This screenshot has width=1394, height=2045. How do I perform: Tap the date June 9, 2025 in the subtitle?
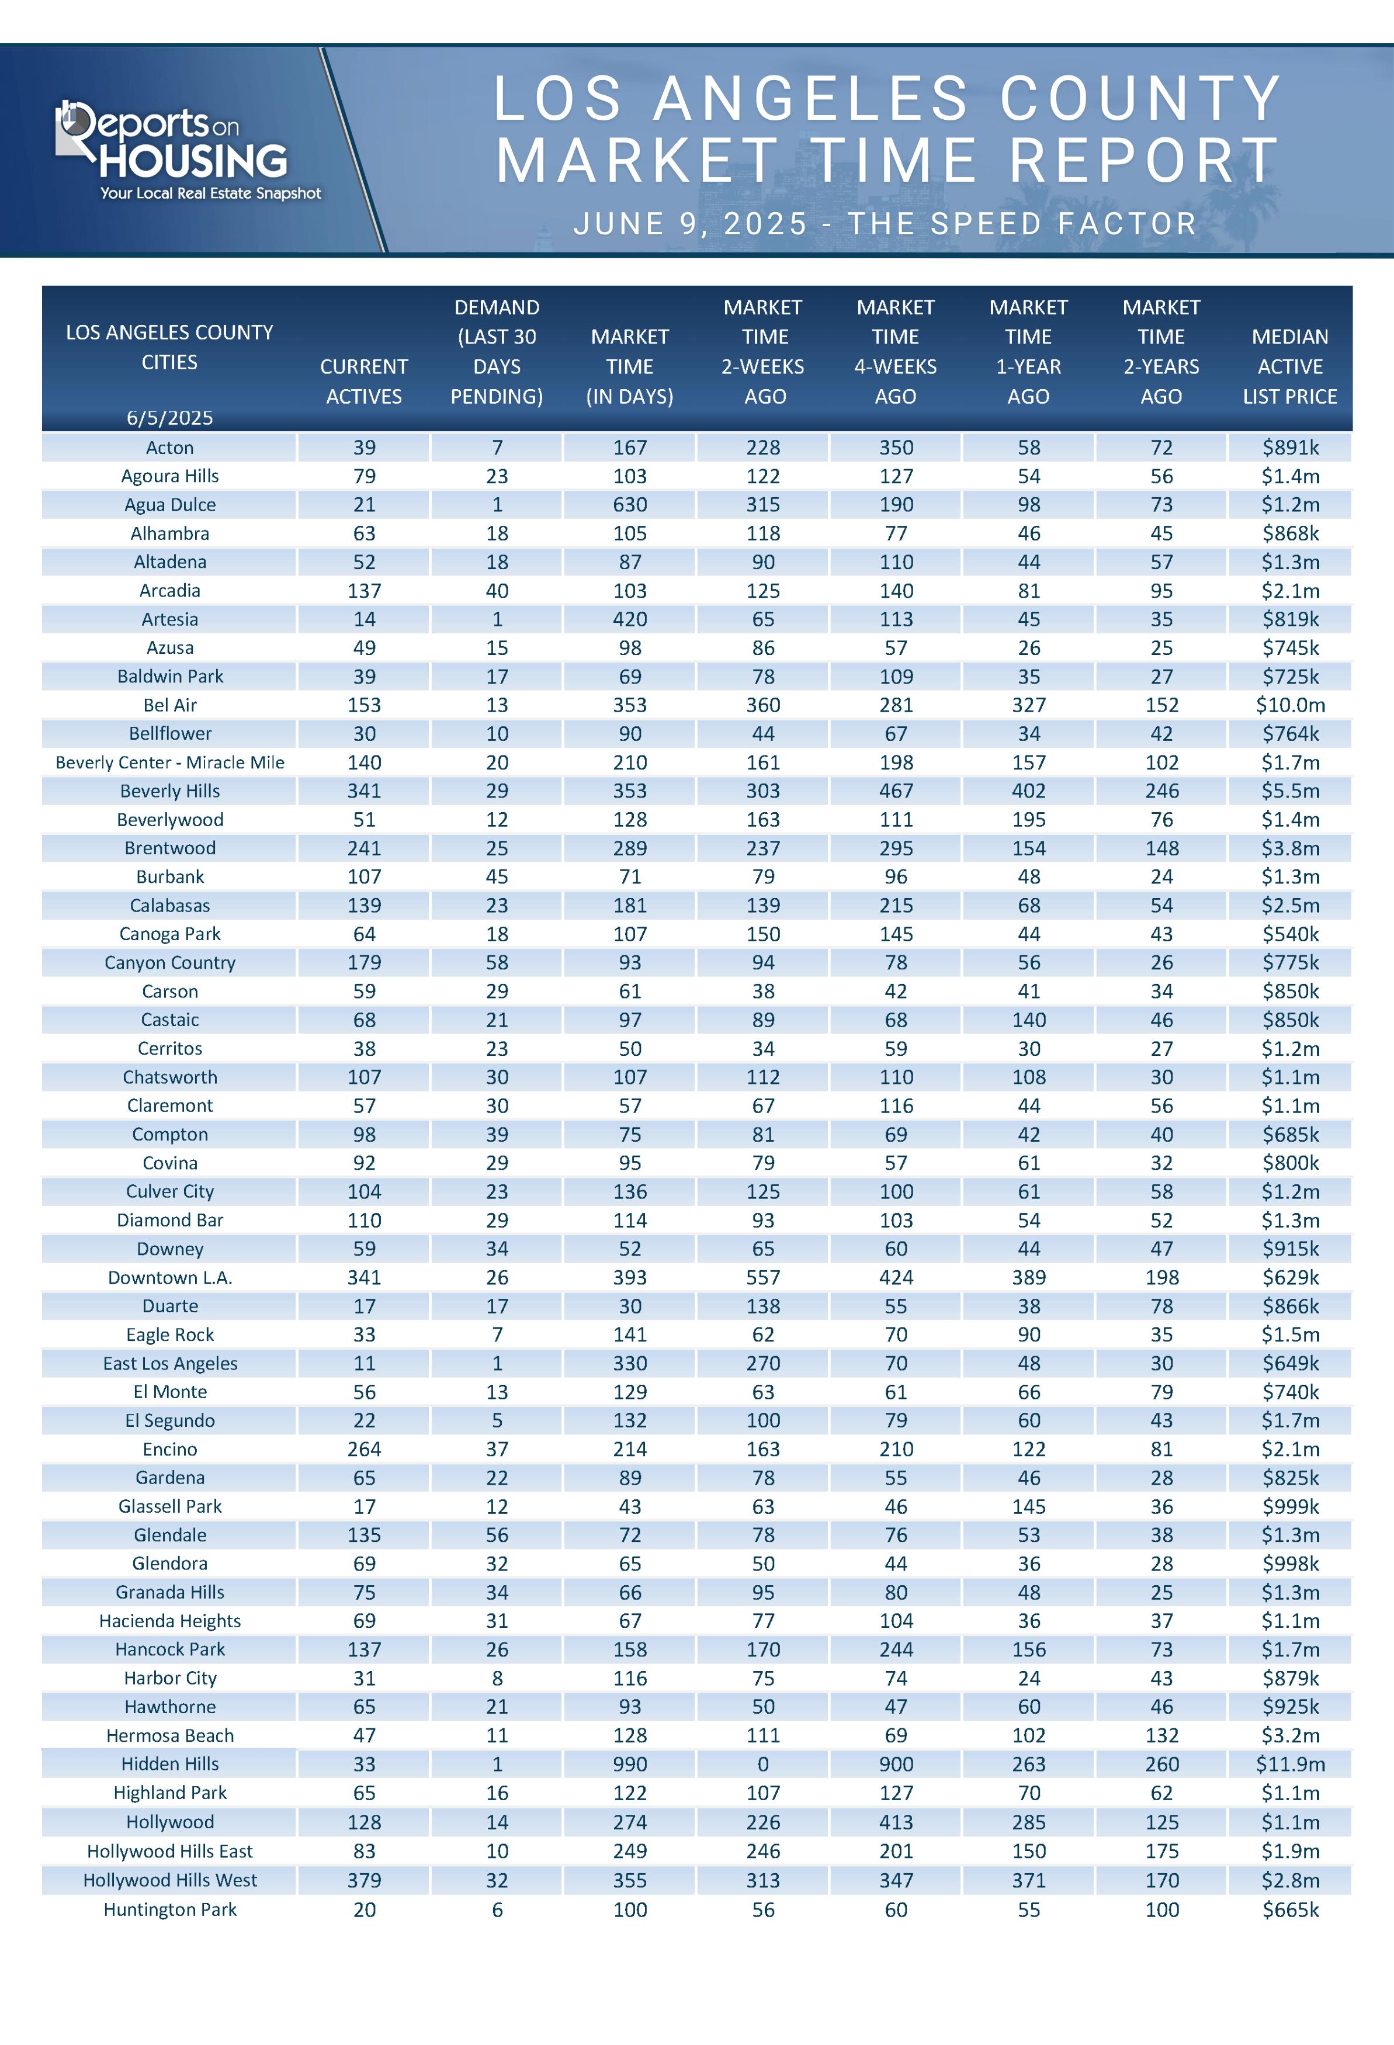tap(690, 224)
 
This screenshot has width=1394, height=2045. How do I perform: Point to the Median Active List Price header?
tap(1289, 366)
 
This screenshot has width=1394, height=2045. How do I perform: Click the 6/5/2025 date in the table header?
tap(170, 418)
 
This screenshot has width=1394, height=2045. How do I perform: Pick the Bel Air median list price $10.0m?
tap(1290, 705)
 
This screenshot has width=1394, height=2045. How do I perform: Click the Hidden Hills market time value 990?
tap(630, 1765)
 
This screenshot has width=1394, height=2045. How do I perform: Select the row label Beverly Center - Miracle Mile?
tap(170, 762)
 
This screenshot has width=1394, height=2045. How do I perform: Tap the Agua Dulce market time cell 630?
tap(630, 505)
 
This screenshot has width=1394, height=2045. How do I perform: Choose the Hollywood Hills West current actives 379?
tap(365, 1880)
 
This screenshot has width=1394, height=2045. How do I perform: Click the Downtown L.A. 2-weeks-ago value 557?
tap(763, 1278)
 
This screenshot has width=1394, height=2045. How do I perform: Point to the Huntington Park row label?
tap(170, 1909)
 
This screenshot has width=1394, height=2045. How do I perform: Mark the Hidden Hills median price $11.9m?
tap(1290, 1765)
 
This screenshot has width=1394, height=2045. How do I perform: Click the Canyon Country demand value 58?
tap(497, 963)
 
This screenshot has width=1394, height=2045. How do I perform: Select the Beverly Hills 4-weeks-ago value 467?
tap(896, 791)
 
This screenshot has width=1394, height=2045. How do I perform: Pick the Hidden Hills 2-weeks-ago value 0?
tap(763, 1765)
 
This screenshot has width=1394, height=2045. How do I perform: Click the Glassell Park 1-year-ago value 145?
tap(1029, 1506)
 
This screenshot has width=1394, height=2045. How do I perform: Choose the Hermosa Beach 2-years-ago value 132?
tap(1161, 1735)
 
